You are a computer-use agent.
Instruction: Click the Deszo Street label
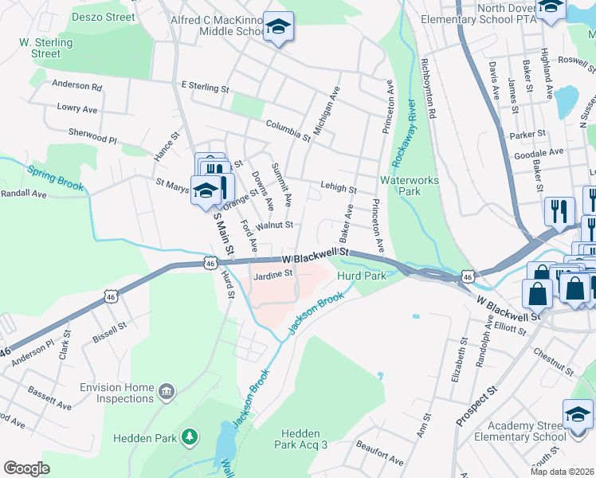(x=104, y=16)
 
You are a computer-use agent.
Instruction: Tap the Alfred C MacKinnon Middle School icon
(x=279, y=28)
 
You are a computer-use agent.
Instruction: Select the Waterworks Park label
(x=410, y=186)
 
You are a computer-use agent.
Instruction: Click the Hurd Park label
(x=361, y=276)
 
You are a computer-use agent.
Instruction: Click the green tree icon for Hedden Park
(x=190, y=437)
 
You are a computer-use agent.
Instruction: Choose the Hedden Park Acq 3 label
(x=301, y=438)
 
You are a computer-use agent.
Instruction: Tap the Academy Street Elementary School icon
(x=578, y=415)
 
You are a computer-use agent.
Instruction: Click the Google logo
(x=26, y=468)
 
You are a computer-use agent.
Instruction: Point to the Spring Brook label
(x=56, y=178)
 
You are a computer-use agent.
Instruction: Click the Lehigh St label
(x=338, y=188)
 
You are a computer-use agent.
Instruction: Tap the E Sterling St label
(x=205, y=86)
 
